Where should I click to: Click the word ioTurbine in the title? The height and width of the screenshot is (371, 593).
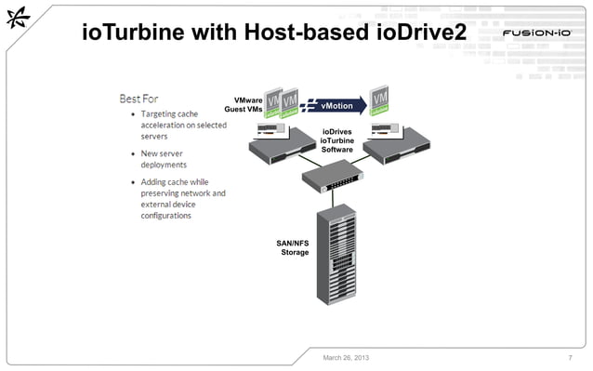point(133,33)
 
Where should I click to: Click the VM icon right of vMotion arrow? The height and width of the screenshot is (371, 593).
point(379,101)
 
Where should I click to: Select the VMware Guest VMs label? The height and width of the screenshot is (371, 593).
point(244,104)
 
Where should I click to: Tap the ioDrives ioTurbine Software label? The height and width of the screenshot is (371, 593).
point(336,140)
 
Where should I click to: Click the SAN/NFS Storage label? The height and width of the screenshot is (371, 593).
point(294,247)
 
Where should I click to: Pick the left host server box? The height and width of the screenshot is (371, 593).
point(279,142)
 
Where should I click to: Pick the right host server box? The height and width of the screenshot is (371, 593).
point(397,142)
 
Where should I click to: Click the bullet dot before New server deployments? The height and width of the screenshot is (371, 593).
point(131,153)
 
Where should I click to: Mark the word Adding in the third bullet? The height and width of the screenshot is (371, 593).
point(155,181)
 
